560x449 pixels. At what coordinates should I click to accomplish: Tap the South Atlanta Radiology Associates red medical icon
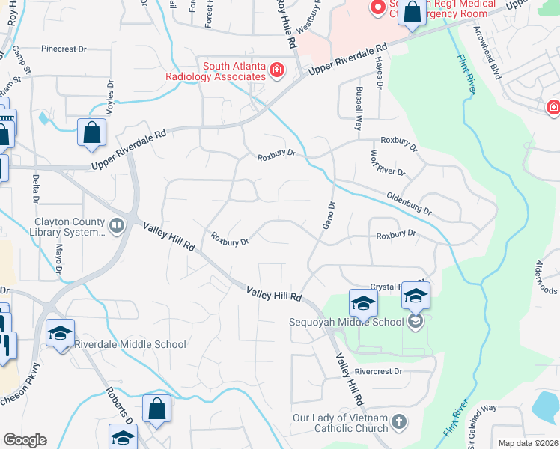277,71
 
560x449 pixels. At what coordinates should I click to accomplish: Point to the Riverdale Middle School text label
130,344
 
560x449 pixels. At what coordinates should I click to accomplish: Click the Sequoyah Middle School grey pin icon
416,323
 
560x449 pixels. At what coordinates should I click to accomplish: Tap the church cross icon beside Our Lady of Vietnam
399,423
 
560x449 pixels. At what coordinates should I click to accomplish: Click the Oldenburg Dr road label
409,203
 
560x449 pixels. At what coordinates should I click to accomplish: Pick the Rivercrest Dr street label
379,371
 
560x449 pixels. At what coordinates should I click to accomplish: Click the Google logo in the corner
25,440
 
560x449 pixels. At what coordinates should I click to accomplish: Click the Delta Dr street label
35,189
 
